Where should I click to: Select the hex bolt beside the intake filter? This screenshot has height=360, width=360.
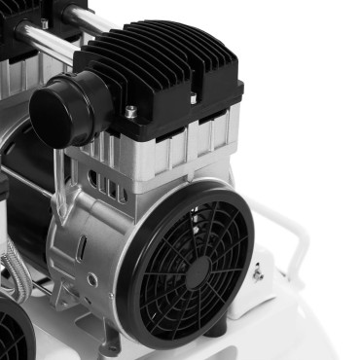tap(130, 112)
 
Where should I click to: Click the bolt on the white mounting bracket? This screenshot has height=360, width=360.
tap(258, 275)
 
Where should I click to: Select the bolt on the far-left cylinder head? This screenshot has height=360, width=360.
tap(44, 23)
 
